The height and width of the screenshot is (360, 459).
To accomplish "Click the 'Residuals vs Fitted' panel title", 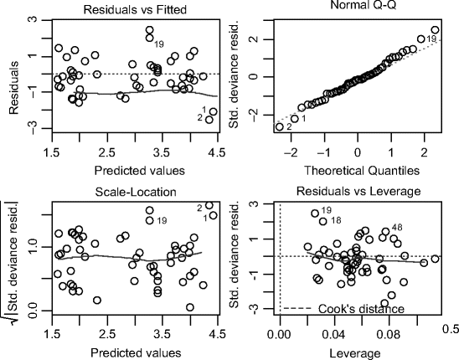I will (134, 8).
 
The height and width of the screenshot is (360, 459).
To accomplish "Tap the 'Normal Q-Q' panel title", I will (358, 8).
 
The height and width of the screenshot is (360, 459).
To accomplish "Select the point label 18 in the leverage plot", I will (336, 220).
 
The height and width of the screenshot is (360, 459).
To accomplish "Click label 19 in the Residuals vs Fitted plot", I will (159, 44).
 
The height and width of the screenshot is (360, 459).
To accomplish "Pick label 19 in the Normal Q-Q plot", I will (431, 39).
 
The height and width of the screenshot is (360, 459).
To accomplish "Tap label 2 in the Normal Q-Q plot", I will (289, 126).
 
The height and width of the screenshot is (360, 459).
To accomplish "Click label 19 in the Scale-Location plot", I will (162, 220).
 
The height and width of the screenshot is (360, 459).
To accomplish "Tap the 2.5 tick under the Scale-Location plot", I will (106, 332).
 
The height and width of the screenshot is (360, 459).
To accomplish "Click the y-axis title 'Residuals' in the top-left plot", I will (10, 74).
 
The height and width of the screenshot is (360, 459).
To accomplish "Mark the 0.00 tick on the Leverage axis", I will (280, 332).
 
